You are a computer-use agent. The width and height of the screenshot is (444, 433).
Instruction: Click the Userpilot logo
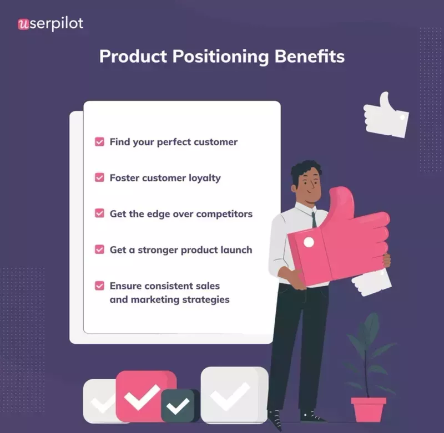coord(51,24)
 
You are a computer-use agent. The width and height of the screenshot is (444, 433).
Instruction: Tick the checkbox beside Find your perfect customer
coord(99,142)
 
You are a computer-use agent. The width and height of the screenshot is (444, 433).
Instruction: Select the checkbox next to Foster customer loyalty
coord(99,178)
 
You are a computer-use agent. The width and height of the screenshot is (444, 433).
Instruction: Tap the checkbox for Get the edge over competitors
coord(99,213)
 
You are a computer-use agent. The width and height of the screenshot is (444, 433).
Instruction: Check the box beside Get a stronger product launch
coord(99,249)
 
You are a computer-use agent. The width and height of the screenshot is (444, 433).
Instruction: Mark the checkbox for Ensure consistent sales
coord(99,286)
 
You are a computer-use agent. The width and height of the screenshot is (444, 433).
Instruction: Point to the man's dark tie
coord(314,219)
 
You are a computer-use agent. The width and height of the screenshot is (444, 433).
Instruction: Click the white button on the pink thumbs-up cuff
coord(309,242)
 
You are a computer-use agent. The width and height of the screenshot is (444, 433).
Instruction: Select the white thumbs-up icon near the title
coord(386,115)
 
